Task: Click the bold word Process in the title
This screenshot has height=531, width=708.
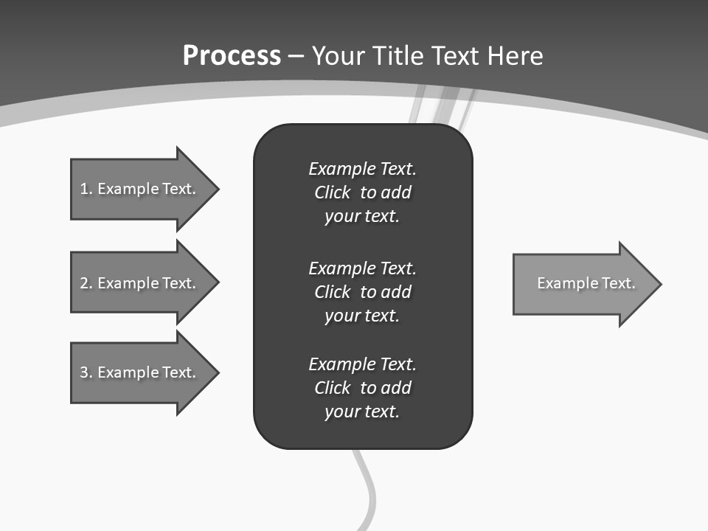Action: coord(232,56)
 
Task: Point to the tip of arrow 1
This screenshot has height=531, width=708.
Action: coord(218,189)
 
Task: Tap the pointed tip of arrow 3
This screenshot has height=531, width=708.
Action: coord(218,372)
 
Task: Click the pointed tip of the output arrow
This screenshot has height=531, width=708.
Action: coord(660,284)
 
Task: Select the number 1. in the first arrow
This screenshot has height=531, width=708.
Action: coord(86,189)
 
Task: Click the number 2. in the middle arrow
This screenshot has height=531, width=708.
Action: coord(86,283)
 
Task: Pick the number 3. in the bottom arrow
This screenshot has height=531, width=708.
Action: coord(86,372)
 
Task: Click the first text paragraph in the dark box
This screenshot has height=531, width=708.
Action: coord(362,192)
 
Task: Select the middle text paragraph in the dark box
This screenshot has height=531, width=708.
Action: coord(362,291)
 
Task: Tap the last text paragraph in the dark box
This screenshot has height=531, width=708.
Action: coord(362,388)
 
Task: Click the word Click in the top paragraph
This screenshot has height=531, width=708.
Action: coord(333,192)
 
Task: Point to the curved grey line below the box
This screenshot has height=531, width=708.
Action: coord(368,487)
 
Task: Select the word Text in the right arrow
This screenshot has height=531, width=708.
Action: coord(619,283)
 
